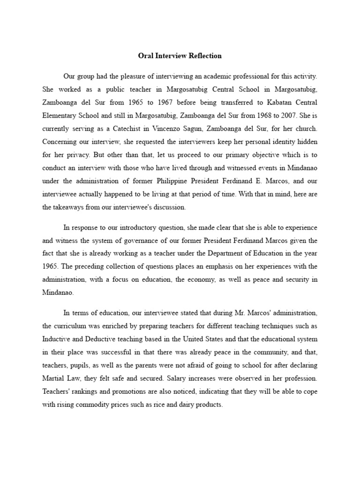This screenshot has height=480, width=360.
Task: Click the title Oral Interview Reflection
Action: (180, 56)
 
